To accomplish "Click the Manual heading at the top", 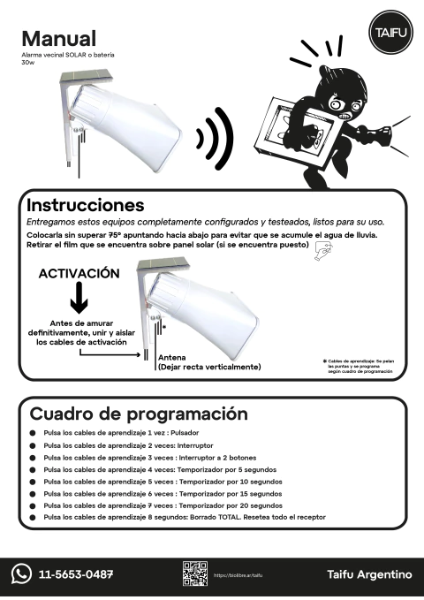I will [58, 39].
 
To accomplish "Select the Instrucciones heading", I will [85, 205].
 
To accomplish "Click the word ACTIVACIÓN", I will [79, 274].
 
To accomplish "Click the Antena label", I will [171, 357].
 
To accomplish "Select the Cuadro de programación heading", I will [139, 414].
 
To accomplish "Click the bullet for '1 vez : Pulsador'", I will [33, 434].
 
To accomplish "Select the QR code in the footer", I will [194, 573].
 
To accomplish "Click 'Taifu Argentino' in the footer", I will [369, 574].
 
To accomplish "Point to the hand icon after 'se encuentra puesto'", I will [323, 253].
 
